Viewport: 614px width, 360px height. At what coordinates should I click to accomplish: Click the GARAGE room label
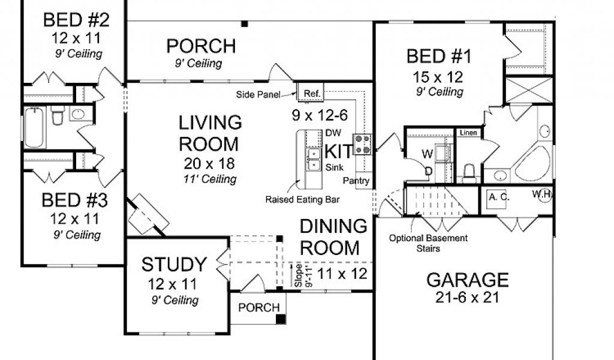click(x=467, y=280)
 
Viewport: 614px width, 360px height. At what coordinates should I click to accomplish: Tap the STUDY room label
click(x=174, y=265)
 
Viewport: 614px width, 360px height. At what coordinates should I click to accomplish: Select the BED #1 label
click(x=439, y=56)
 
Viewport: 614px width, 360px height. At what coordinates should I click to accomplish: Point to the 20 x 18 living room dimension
click(x=209, y=163)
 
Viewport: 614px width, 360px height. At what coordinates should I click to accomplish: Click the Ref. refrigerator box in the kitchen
click(x=312, y=93)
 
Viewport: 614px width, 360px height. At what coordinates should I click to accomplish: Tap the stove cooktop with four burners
click(x=362, y=144)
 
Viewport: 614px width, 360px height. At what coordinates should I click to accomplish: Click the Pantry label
click(x=356, y=181)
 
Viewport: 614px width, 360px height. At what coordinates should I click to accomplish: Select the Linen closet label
click(x=468, y=133)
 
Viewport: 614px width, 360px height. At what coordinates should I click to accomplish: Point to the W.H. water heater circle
click(x=545, y=195)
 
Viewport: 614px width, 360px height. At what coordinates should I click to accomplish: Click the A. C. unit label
click(x=499, y=197)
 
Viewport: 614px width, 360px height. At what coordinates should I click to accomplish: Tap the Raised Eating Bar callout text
click(x=302, y=199)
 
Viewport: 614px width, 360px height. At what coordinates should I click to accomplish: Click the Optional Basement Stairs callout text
click(x=428, y=243)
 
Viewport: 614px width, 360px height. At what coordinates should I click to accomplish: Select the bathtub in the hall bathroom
click(x=34, y=128)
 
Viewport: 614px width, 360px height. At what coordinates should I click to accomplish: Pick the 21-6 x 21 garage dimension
click(x=467, y=298)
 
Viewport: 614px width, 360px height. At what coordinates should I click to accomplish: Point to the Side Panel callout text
click(x=258, y=94)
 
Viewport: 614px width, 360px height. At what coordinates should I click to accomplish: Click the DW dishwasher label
click(x=333, y=133)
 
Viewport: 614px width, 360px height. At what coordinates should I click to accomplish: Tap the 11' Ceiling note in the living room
click(x=210, y=179)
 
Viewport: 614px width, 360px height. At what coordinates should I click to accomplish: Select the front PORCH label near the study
click(x=259, y=308)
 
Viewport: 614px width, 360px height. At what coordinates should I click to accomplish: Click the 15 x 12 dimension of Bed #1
click(x=438, y=77)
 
